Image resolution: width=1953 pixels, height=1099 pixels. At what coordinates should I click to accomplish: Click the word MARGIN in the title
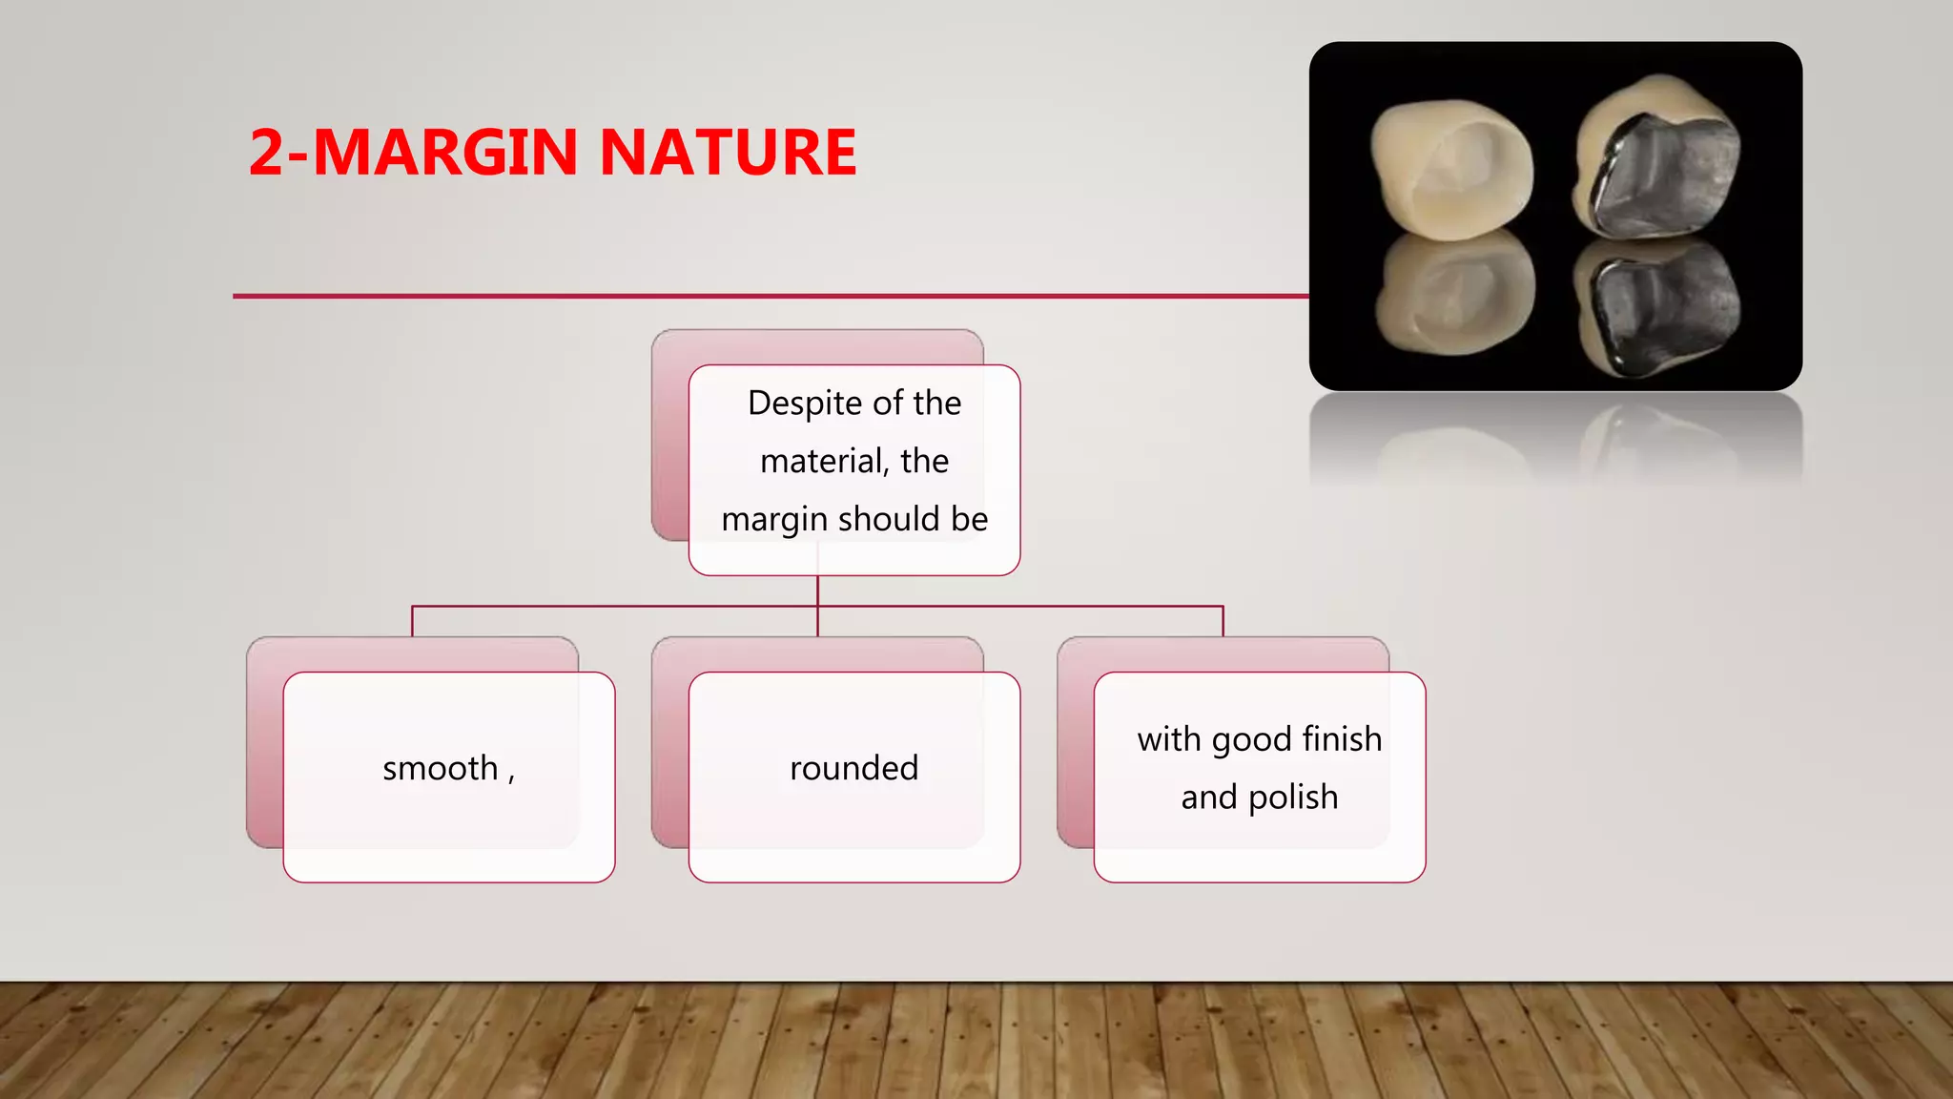click(444, 153)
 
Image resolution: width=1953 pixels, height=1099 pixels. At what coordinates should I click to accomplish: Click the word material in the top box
click(823, 462)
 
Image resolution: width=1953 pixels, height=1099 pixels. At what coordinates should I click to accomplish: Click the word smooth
click(440, 769)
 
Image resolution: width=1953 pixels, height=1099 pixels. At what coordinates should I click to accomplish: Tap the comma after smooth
click(511, 775)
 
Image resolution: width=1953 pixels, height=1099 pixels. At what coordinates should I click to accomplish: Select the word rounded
click(853, 769)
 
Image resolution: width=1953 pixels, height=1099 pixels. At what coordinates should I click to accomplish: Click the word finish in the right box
click(1342, 739)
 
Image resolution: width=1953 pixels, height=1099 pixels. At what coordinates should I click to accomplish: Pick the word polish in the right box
click(1293, 798)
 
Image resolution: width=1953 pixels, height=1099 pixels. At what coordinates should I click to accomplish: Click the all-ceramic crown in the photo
click(1452, 167)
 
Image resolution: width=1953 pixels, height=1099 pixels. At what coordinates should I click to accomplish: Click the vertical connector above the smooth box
click(412, 621)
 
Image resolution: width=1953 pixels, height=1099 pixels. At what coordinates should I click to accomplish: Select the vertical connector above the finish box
click(1223, 621)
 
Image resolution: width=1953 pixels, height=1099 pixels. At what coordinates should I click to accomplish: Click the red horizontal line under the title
click(763, 296)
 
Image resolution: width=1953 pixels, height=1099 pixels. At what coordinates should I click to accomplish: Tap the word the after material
click(924, 462)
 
